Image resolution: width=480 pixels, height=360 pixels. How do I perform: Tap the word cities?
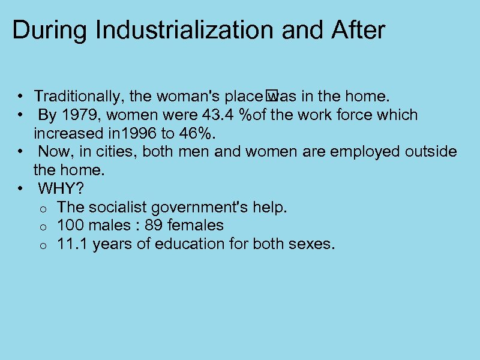tap(119, 151)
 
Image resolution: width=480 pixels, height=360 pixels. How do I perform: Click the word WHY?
tap(61, 188)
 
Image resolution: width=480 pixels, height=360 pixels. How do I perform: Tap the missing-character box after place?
tap(270, 94)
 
